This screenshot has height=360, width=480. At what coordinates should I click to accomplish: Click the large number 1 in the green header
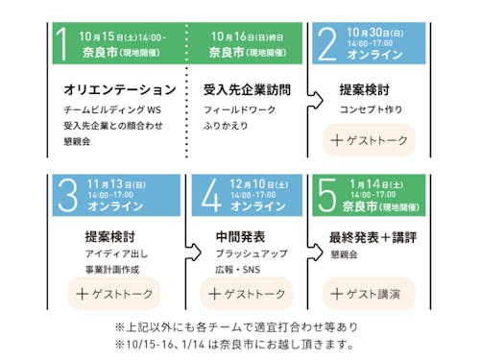pyautogui.click(x=64, y=45)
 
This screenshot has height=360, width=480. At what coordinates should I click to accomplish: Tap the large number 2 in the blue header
pyautogui.click(x=327, y=44)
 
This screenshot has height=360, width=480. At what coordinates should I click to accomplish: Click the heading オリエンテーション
pyautogui.click(x=118, y=90)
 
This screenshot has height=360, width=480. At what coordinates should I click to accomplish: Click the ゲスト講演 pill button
pyautogui.click(x=370, y=292)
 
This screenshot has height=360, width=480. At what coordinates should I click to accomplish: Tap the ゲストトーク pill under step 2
pyautogui.click(x=370, y=139)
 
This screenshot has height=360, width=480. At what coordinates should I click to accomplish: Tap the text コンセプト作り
pyautogui.click(x=370, y=110)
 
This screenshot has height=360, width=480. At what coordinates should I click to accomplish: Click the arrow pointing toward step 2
pyautogui.click(x=314, y=96)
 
